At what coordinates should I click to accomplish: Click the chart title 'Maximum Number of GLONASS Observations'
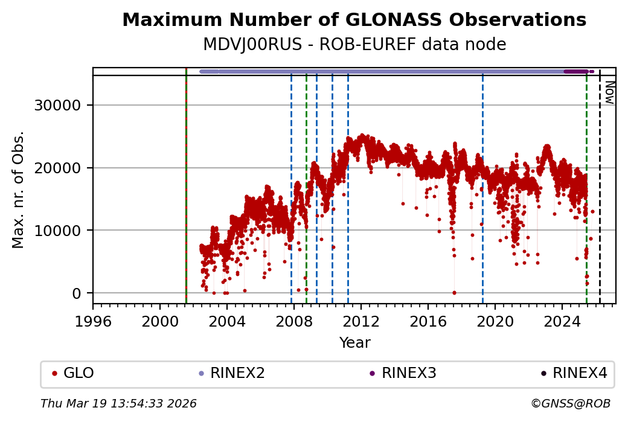(x=354, y=20)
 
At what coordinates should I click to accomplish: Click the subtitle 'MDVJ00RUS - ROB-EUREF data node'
(x=354, y=45)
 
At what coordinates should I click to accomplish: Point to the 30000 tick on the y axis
(x=63, y=106)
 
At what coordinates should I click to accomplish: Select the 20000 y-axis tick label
(x=63, y=168)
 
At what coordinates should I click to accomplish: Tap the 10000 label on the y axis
(x=63, y=231)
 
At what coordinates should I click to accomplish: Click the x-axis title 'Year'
(x=354, y=343)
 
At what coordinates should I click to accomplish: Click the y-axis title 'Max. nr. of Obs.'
(x=19, y=190)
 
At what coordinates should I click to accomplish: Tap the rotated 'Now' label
(x=609, y=92)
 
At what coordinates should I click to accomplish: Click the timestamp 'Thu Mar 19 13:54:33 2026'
(x=118, y=403)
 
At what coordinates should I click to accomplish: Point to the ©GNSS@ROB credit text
(x=571, y=403)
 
